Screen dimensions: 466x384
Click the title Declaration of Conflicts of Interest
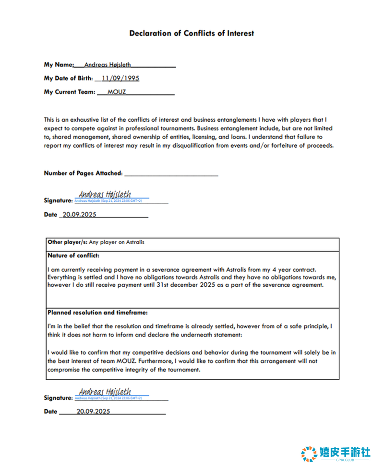(192, 34)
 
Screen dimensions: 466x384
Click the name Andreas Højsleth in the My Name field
(108, 65)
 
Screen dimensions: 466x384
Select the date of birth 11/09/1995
(120, 78)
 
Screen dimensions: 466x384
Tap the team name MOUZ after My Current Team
(117, 92)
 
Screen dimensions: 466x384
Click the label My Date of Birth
(68, 78)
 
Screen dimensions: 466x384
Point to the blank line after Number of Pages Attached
(171, 174)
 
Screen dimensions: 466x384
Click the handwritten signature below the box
(105, 391)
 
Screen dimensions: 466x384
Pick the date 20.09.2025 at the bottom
(94, 411)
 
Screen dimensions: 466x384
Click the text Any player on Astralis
(117, 242)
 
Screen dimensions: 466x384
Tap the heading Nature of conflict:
(73, 256)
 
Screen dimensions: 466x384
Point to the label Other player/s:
(67, 242)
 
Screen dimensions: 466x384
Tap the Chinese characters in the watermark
(345, 452)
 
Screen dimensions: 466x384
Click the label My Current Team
(70, 92)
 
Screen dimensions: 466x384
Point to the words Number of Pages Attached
(83, 173)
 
